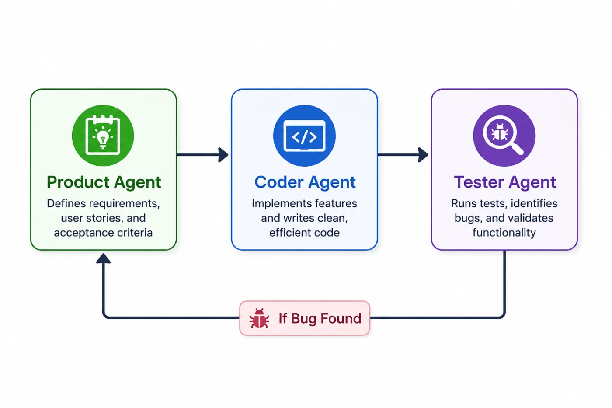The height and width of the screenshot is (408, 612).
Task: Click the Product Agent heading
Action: click(104, 182)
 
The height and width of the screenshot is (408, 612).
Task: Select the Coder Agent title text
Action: click(305, 182)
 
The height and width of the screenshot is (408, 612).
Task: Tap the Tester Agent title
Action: click(505, 182)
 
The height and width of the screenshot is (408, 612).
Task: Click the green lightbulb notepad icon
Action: click(103, 135)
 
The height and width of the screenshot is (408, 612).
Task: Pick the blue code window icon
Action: click(304, 136)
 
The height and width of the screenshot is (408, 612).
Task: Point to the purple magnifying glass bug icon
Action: click(504, 136)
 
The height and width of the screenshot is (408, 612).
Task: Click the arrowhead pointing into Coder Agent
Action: click(223, 155)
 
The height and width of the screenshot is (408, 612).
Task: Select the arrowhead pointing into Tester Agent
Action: click(423, 155)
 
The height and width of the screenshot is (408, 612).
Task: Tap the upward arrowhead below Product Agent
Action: click(103, 258)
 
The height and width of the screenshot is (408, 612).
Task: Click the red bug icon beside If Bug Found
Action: click(259, 318)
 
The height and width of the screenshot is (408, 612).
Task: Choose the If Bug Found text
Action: click(320, 318)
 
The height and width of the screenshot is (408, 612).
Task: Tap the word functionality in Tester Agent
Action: click(504, 233)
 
